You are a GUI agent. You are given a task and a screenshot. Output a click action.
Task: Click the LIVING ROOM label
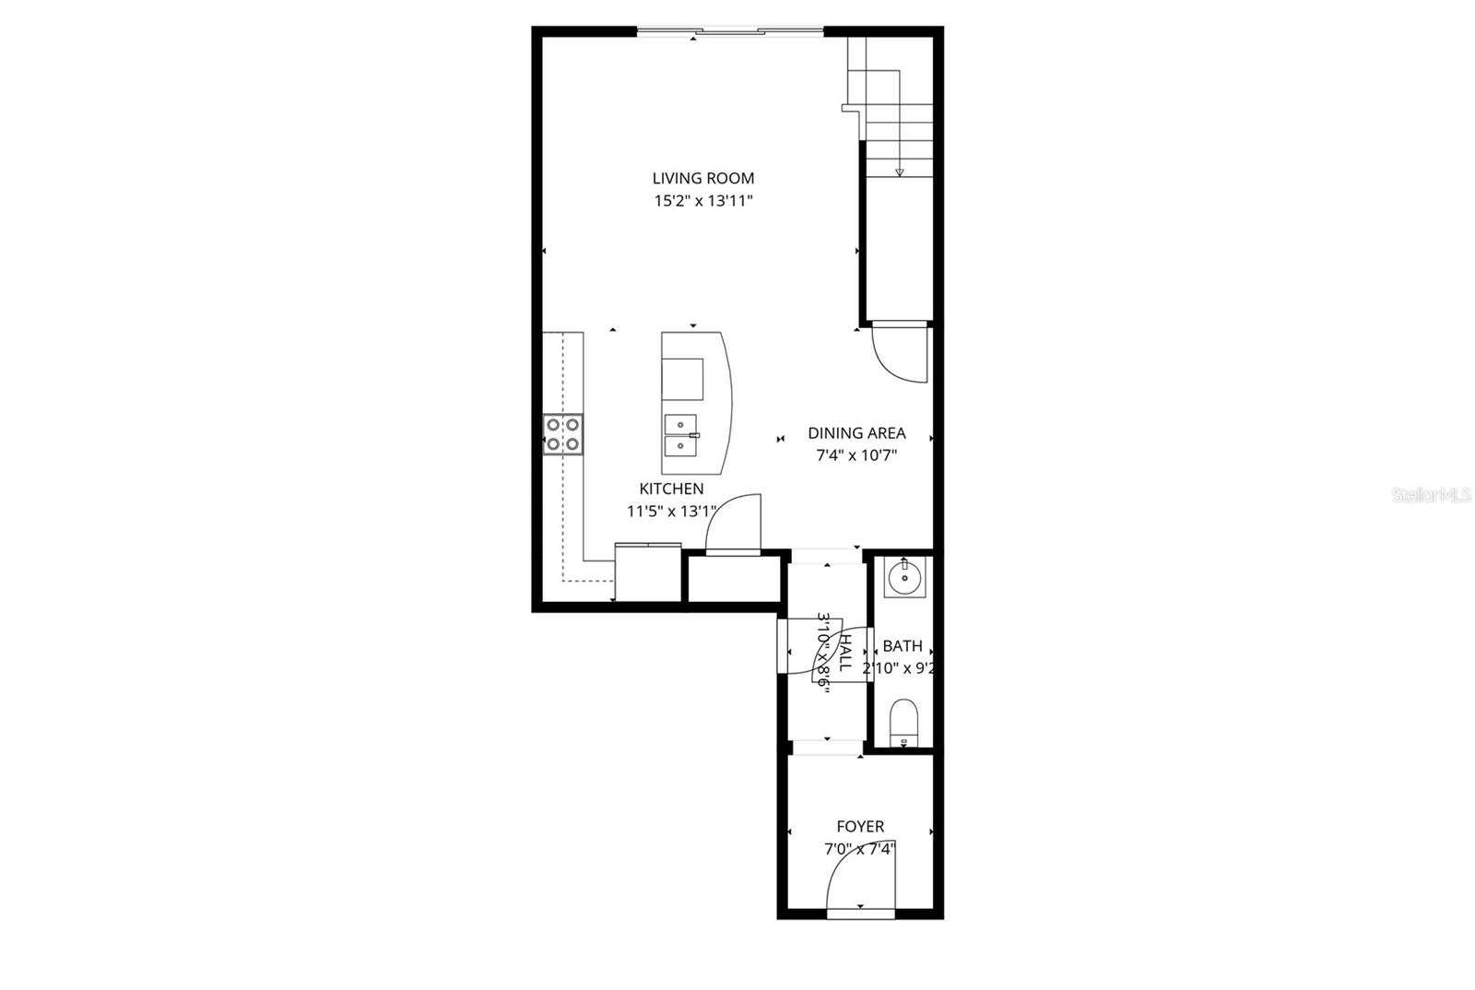(x=703, y=179)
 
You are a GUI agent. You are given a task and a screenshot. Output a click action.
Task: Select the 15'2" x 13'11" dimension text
(x=703, y=202)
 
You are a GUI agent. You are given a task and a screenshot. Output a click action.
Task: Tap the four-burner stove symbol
(x=562, y=434)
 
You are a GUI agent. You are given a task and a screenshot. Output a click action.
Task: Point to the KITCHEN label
(x=671, y=489)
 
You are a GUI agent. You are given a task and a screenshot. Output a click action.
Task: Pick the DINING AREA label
(x=856, y=432)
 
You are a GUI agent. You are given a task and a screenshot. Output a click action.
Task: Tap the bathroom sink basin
(x=903, y=579)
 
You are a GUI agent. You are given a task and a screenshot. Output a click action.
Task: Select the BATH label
(x=902, y=647)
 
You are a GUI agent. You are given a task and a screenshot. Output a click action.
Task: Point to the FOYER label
(x=860, y=827)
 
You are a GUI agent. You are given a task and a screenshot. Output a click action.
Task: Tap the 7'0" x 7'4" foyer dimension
(x=860, y=849)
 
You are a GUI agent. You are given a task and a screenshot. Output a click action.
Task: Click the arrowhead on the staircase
(x=899, y=171)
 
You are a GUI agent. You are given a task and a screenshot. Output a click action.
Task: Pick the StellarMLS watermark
(x=1431, y=495)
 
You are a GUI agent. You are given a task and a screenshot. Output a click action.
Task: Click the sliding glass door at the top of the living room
(x=730, y=32)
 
